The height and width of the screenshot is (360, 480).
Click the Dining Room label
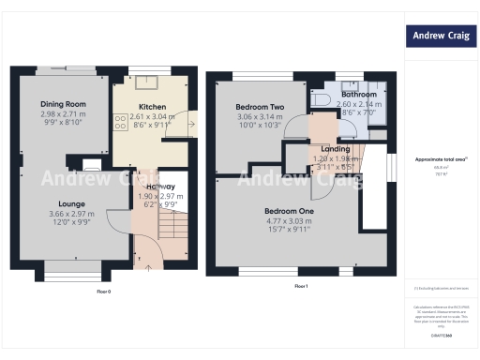click(63, 104)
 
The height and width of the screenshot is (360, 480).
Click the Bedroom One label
click(289, 211)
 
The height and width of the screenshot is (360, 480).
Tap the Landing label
click(335, 149)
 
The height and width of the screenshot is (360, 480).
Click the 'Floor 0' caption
click(104, 292)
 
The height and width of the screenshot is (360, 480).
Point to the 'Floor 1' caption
click(301, 285)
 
